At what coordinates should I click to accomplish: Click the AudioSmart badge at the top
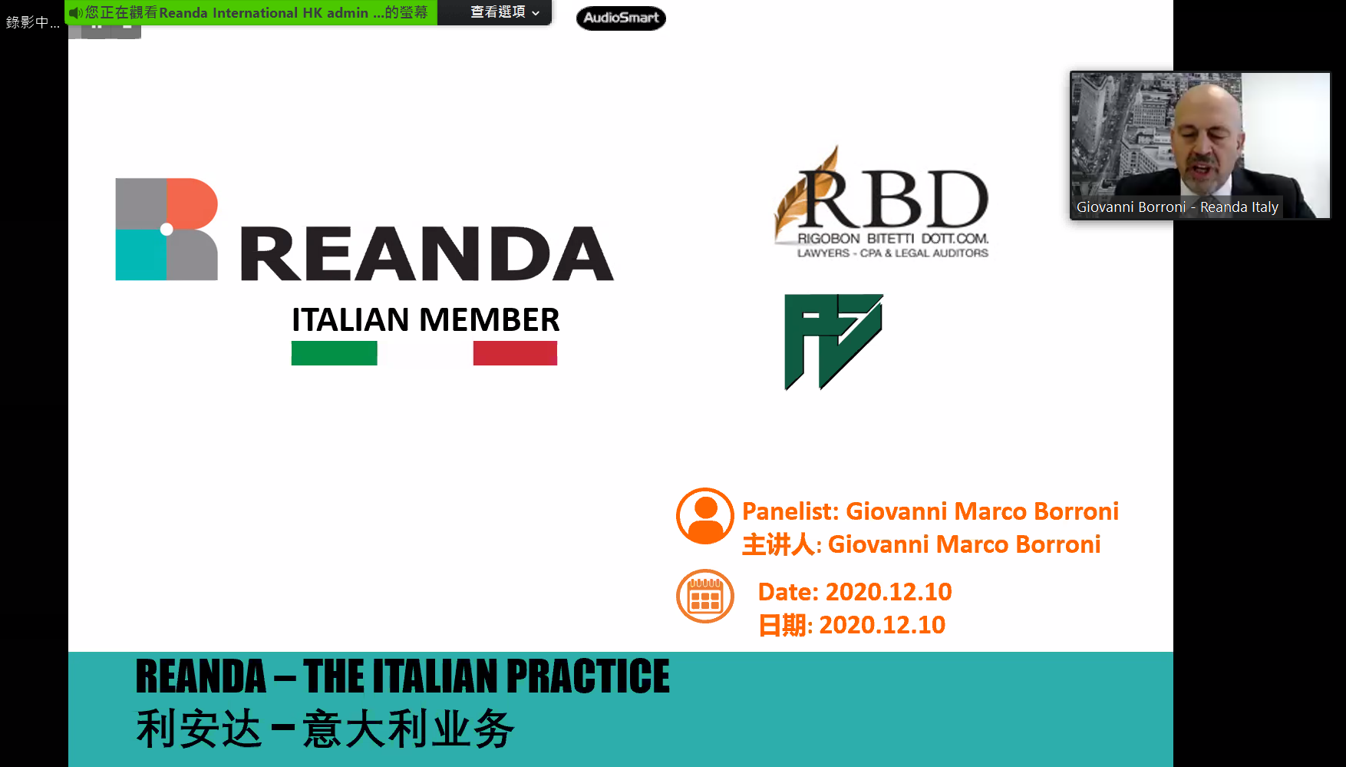pos(621,18)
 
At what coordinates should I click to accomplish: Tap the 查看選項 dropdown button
pos(504,12)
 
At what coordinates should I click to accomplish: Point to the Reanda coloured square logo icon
pos(167,229)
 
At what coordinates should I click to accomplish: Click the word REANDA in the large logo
pos(427,254)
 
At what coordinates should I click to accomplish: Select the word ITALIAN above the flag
pos(350,319)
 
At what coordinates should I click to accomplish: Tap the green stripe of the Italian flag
pos(334,353)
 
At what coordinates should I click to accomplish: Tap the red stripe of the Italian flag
pos(515,353)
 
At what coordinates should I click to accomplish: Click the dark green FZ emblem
pos(833,340)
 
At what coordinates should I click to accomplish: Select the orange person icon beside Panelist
pos(704,516)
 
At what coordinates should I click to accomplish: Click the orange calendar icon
pos(704,596)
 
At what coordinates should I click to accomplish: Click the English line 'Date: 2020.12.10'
pos(854,592)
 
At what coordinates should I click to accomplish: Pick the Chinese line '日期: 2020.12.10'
pos(851,625)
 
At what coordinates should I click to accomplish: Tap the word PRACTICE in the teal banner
pos(587,676)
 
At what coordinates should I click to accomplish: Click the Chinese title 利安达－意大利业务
pos(325,729)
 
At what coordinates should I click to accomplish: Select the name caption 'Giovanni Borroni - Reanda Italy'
pos(1176,207)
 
